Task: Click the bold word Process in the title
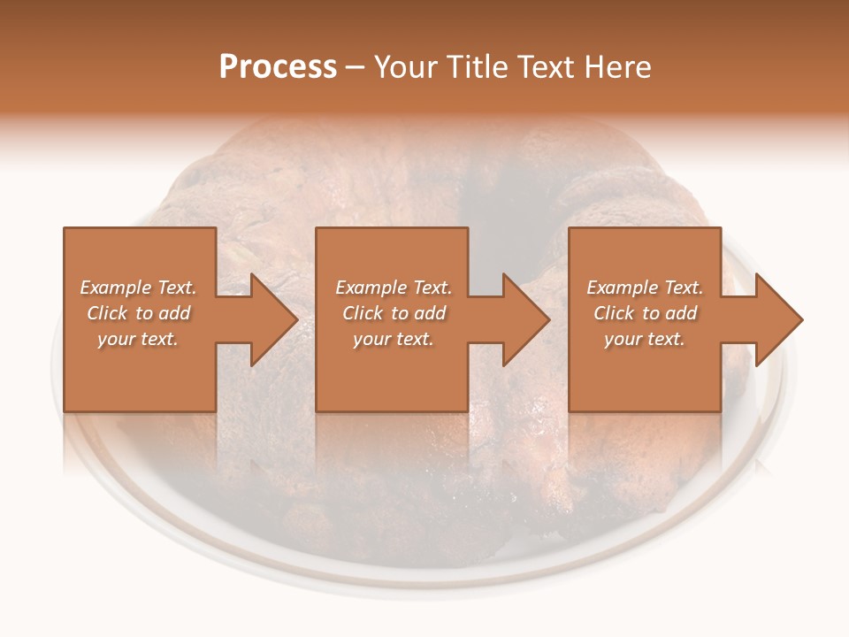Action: point(278,67)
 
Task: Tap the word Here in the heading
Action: point(616,67)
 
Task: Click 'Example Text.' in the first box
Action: point(138,288)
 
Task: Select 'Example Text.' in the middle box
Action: point(394,288)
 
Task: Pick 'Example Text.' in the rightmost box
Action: point(645,288)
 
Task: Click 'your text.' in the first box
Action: point(138,339)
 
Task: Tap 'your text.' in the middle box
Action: point(394,339)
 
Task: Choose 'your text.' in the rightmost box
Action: point(645,339)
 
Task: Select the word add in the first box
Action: point(175,313)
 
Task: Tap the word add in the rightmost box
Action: point(682,313)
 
